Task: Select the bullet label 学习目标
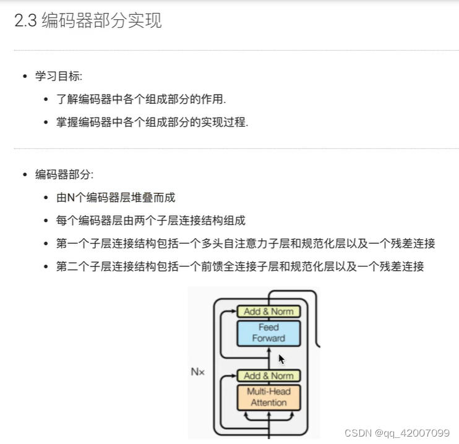(59, 76)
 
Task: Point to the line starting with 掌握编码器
(152, 122)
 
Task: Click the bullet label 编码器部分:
(64, 174)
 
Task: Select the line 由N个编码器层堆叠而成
(116, 198)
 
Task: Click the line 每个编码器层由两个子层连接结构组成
(151, 221)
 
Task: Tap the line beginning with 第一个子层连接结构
(246, 244)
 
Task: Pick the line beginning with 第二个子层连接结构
(240, 267)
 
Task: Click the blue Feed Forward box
(268, 333)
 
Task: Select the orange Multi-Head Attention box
(268, 397)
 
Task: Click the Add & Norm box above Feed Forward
(268, 312)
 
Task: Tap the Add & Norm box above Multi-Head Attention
(268, 375)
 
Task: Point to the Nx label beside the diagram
(197, 372)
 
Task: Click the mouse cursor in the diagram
(281, 359)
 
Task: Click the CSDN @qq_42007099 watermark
(397, 432)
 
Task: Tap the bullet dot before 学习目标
(25, 76)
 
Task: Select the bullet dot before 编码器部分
(25, 175)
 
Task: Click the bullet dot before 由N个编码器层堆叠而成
(46, 198)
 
